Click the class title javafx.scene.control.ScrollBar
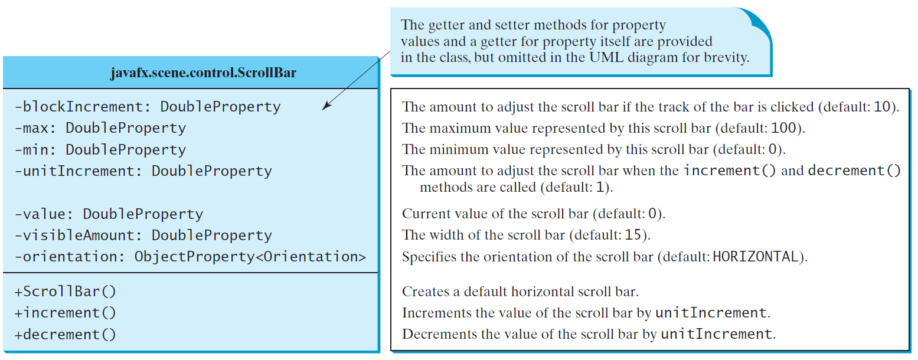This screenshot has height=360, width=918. click(203, 73)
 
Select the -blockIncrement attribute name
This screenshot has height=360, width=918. click(79, 106)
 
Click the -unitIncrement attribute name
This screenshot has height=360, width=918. click(74, 171)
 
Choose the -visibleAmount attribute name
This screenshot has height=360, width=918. click(74, 235)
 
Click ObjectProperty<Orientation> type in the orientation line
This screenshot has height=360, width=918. click(250, 257)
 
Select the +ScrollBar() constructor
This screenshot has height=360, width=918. click(65, 291)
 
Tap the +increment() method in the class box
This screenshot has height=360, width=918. click(65, 313)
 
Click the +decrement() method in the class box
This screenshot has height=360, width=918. click(65, 335)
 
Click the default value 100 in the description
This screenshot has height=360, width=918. click(783, 128)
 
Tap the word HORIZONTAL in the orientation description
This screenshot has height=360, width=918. click(756, 257)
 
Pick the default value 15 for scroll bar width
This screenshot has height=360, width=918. click(633, 235)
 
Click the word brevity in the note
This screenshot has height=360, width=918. click(727, 58)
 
